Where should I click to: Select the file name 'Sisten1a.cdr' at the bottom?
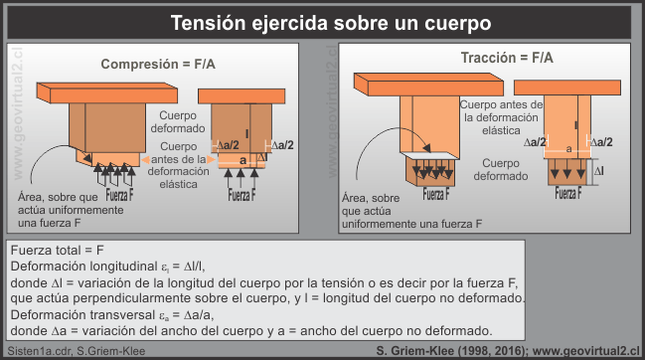click(x=36, y=349)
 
